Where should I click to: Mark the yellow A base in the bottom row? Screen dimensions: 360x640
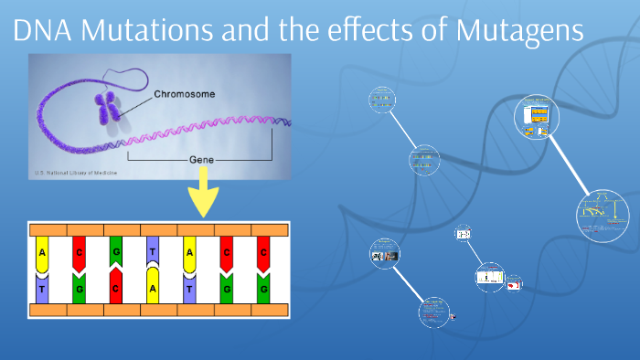pyautogui.click(x=153, y=287)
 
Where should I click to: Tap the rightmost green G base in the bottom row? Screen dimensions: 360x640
pyautogui.click(x=263, y=287)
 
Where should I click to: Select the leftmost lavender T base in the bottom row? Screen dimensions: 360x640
pyautogui.click(x=42, y=287)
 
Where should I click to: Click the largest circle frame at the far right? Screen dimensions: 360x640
pyautogui.click(x=603, y=215)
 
